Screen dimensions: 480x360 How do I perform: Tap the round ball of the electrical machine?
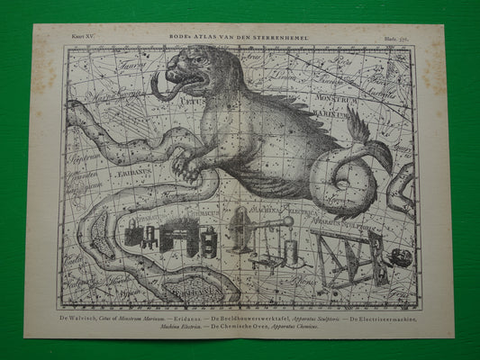[x=288, y=221]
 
